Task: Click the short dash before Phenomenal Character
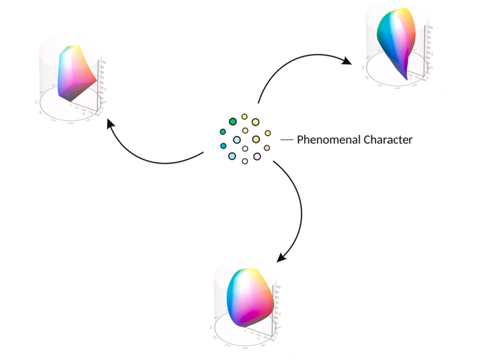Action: pos(287,140)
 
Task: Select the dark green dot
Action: pos(233,121)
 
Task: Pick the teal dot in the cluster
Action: pos(223,132)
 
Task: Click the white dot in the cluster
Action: pos(245,148)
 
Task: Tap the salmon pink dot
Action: pos(267,148)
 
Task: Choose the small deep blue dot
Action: pos(223,146)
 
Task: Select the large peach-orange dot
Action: pos(256,140)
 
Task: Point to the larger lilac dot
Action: pos(257,156)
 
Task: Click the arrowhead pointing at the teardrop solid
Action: pos(347,62)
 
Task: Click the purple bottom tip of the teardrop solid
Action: pos(406,78)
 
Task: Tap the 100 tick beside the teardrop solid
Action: pos(430,27)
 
